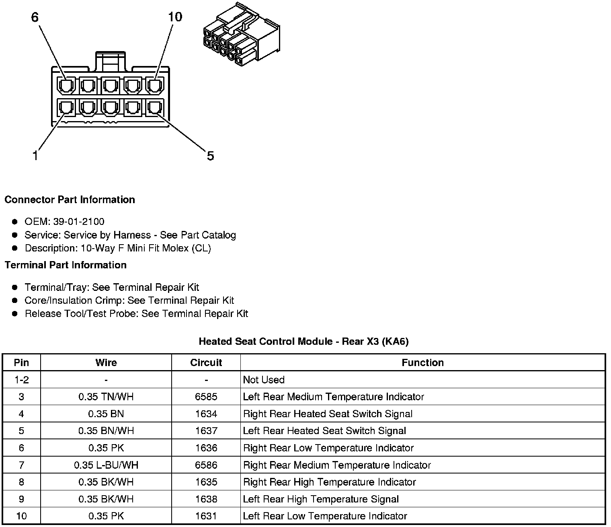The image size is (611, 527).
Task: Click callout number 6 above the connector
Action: coord(35,17)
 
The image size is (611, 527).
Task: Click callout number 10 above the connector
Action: coord(175,17)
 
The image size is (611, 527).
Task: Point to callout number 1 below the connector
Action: coord(35,156)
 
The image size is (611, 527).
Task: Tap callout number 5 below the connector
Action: coord(210,156)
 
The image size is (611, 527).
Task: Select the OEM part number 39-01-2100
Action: coord(78,222)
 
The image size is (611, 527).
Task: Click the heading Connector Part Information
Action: coord(70,200)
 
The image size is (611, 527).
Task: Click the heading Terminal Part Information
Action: coord(66,265)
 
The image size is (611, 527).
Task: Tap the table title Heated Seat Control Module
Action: coord(303,342)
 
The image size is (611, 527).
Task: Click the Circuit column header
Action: coord(206,362)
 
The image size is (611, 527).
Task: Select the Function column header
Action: coord(422,362)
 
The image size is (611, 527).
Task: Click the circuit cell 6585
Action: coord(206,397)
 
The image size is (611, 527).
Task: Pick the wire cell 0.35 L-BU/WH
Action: coord(106,465)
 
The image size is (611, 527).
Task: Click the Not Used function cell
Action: coord(264,380)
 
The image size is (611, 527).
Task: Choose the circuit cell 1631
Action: coord(206,516)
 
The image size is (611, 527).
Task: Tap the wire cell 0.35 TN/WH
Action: coord(106,397)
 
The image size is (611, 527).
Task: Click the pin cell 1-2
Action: coord(21,380)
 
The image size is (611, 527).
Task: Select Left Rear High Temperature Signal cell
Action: coord(321,499)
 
